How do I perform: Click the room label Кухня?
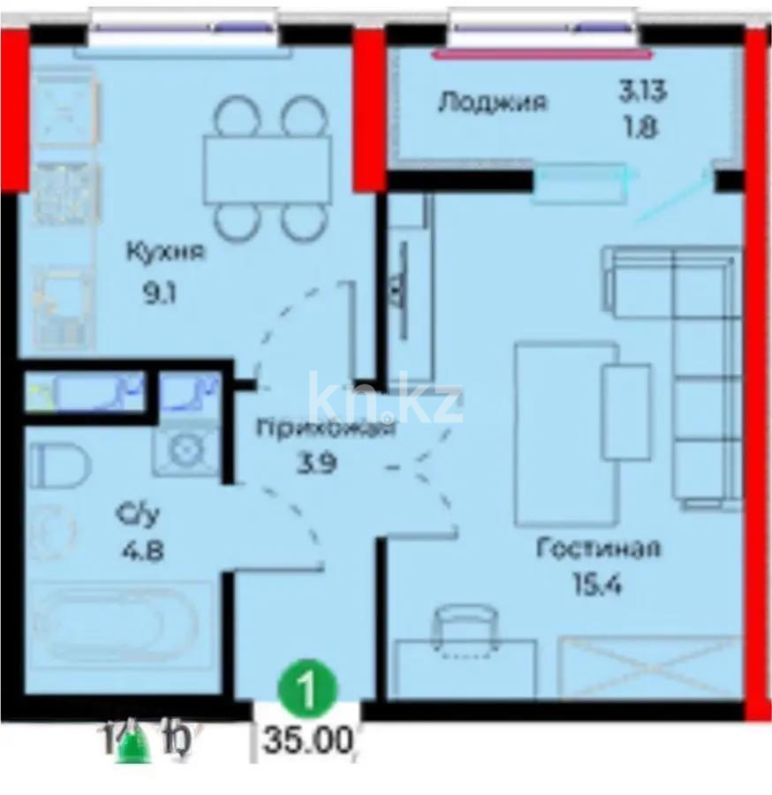coord(165,252)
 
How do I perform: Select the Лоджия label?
coord(492,102)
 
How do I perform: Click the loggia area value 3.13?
coord(641,90)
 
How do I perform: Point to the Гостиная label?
coord(599,549)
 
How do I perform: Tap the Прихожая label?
coord(325,430)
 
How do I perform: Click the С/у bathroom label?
coord(133,514)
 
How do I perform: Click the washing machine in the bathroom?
coord(187,450)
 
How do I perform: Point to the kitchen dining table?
coord(267,170)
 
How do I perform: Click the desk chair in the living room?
coord(465,630)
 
